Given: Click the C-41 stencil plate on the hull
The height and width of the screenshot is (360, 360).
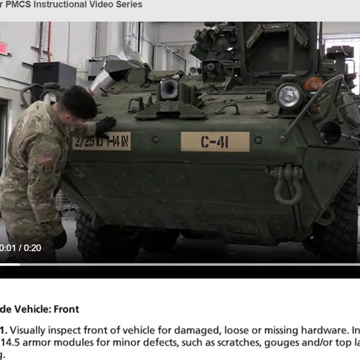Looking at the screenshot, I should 215,142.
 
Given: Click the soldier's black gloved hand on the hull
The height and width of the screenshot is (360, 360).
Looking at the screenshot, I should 106,124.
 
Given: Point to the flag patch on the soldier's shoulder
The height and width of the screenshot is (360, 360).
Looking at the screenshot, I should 44,158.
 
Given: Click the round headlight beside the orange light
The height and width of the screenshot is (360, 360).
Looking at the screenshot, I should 289,95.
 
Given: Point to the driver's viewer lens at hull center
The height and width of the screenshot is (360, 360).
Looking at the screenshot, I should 169,90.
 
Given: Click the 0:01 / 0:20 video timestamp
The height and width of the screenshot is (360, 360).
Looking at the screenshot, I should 20,248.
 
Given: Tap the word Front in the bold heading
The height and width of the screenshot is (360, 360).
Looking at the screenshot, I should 66,310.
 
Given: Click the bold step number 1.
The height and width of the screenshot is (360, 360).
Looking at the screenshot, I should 4,329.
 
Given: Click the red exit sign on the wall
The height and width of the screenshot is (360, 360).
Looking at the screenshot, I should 3,48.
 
